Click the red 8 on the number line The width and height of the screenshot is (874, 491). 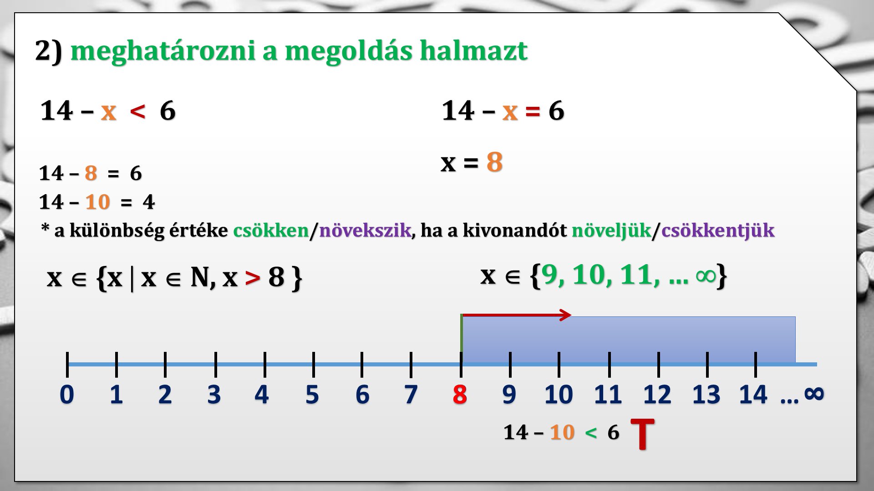click(x=460, y=394)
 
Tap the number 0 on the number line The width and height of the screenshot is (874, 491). click(x=67, y=394)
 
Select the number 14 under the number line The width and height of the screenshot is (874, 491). click(x=753, y=394)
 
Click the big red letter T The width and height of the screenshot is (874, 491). click(x=642, y=434)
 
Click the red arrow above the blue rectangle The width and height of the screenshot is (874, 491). click(x=516, y=315)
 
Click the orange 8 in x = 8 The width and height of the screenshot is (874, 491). click(x=494, y=162)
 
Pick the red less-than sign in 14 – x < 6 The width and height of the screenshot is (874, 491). click(x=137, y=111)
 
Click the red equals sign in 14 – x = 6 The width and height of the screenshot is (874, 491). click(x=533, y=111)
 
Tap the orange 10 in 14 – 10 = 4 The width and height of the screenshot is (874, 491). click(x=98, y=202)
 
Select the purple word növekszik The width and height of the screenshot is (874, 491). click(x=365, y=230)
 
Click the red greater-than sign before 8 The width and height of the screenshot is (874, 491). click(x=253, y=278)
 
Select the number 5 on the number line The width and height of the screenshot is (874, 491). click(x=312, y=394)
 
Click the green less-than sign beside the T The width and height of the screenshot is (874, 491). click(x=591, y=432)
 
